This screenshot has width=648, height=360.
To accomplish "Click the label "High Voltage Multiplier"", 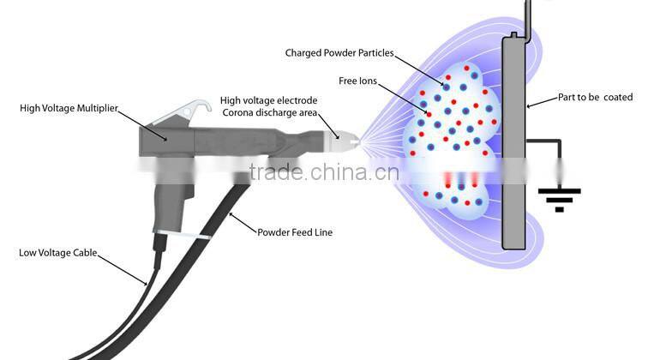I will click(69, 108).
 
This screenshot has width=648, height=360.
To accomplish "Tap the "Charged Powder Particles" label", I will click(339, 53).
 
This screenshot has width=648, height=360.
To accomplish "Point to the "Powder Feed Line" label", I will click(296, 232).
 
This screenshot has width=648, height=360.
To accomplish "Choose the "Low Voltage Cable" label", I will click(59, 253).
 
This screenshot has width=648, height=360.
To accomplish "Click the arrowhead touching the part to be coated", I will click(526, 106).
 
